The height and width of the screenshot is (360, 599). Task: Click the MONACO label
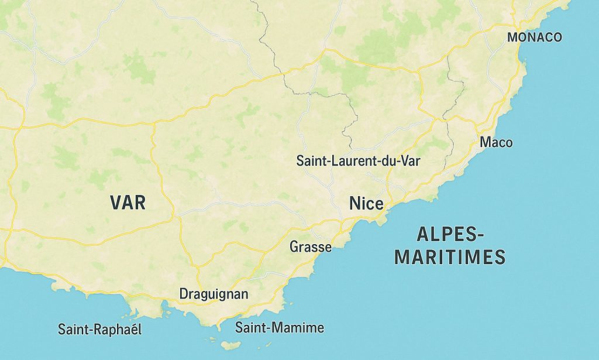click(535, 37)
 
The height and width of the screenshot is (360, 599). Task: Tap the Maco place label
click(495, 142)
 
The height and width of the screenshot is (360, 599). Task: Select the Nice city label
click(366, 204)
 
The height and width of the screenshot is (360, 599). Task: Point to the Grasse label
click(311, 247)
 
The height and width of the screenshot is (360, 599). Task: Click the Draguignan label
click(214, 294)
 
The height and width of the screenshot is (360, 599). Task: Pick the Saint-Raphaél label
click(100, 330)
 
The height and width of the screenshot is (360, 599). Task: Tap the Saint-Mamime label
click(280, 328)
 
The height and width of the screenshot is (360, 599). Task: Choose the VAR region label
click(128, 203)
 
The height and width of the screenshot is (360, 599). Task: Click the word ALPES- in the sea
click(450, 235)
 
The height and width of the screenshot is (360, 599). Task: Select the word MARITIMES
click(450, 257)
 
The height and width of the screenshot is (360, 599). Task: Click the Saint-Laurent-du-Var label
click(359, 160)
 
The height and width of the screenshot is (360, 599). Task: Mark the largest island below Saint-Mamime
click(230, 346)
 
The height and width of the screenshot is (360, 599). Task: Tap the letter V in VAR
click(116, 203)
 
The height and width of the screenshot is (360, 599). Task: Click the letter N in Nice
click(354, 204)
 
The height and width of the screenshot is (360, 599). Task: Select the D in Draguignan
click(184, 294)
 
